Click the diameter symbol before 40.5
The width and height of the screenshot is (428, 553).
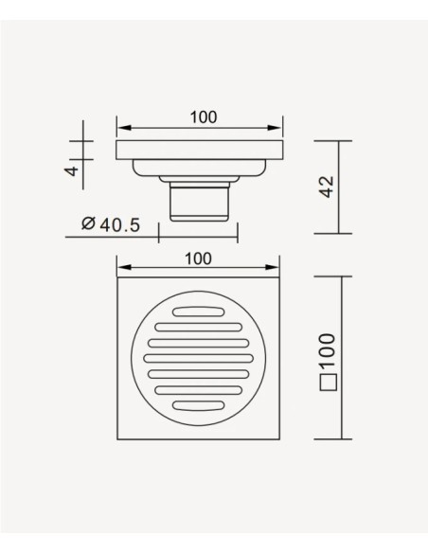(x=88, y=224)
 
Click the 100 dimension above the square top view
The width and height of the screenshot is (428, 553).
(x=199, y=258)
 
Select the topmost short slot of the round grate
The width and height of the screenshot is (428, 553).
(x=199, y=312)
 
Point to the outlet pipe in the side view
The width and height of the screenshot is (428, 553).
(x=200, y=200)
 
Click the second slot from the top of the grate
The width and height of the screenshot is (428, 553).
(x=199, y=328)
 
